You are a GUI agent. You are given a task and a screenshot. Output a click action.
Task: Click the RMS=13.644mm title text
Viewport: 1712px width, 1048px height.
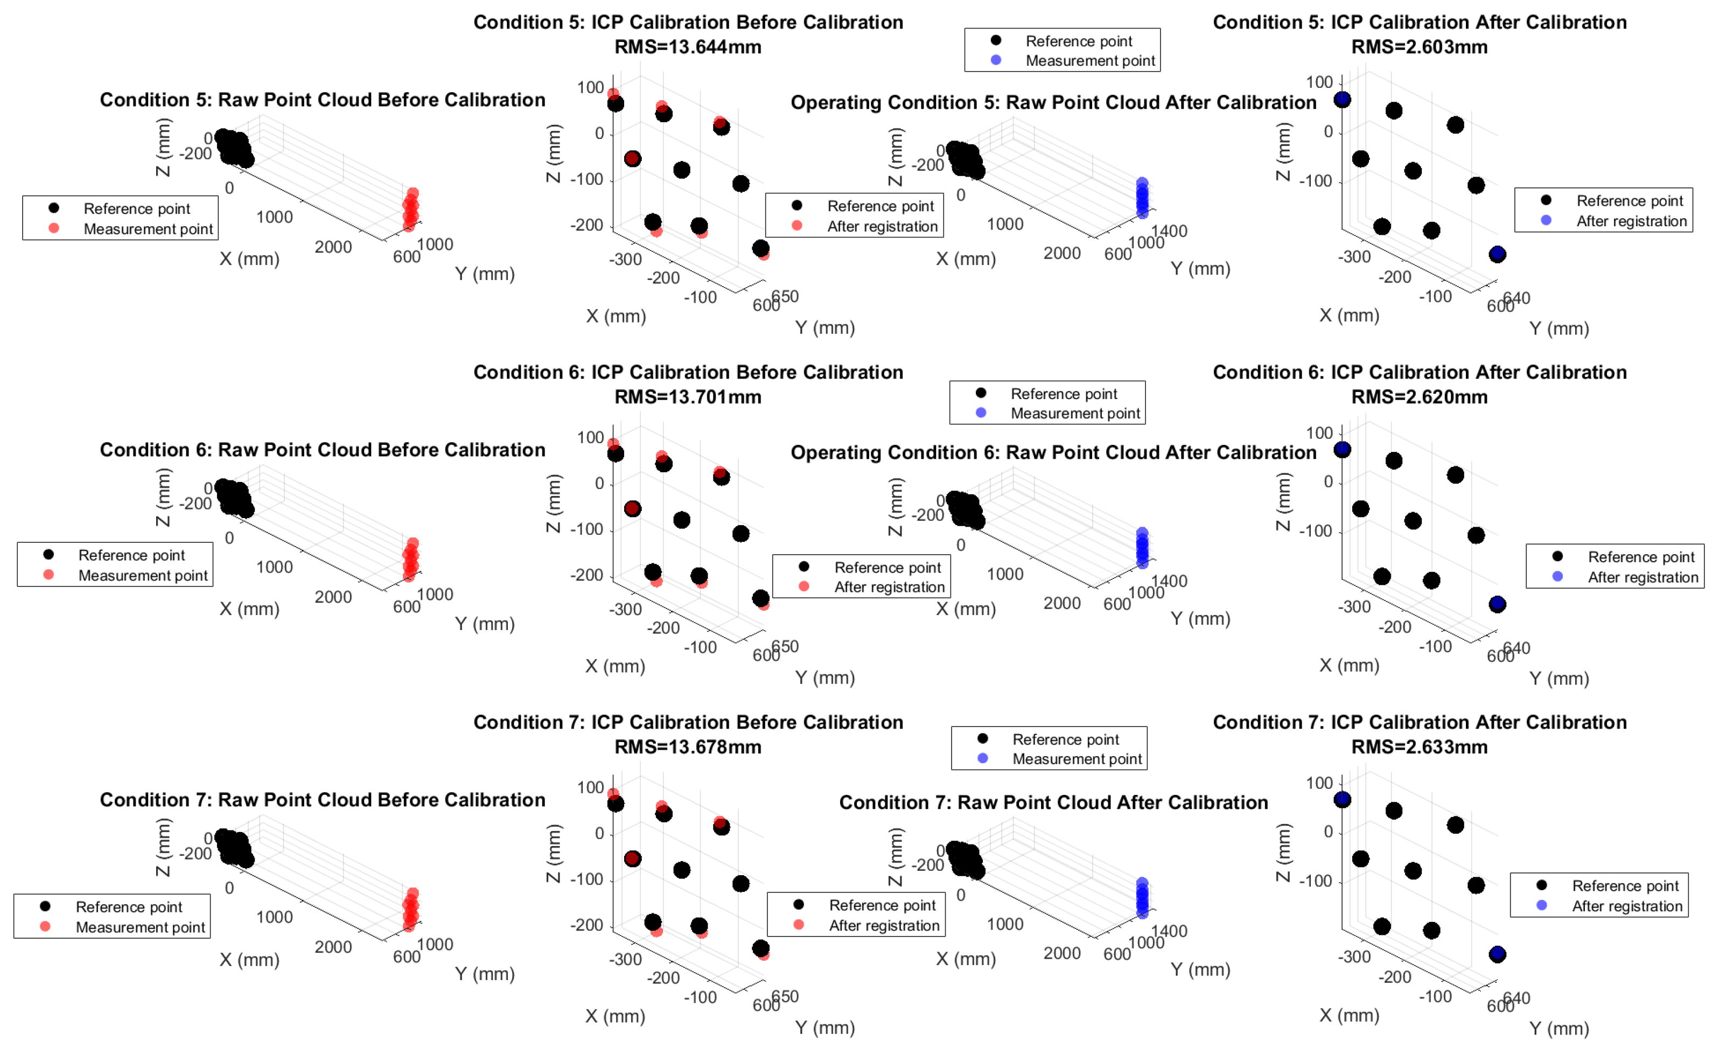click(687, 47)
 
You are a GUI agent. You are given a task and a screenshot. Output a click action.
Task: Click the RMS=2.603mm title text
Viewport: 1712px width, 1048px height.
click(1419, 47)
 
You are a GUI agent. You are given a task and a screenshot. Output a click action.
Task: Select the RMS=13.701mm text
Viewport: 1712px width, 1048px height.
click(687, 397)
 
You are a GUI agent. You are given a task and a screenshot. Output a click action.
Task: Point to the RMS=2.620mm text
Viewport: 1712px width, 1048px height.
click(1419, 397)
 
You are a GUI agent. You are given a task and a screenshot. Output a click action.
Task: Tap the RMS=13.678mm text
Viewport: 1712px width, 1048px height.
click(687, 747)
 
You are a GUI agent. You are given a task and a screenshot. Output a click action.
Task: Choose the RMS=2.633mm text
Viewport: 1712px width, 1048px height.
click(1419, 747)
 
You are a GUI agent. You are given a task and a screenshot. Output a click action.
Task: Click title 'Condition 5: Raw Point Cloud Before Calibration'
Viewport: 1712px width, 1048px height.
click(323, 100)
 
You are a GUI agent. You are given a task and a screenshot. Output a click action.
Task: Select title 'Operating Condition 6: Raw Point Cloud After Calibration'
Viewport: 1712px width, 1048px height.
click(1053, 453)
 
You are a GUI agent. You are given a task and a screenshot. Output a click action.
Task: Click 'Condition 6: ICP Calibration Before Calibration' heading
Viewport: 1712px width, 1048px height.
click(688, 373)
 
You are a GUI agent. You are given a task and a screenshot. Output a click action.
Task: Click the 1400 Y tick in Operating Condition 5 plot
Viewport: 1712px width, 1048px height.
click(1169, 232)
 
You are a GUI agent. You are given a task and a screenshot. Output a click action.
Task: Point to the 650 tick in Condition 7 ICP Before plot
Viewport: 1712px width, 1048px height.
click(785, 997)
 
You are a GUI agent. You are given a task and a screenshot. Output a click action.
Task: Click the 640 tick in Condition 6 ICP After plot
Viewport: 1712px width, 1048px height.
click(1517, 648)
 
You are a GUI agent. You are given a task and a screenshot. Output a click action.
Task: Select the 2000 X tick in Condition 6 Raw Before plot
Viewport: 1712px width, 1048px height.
click(333, 597)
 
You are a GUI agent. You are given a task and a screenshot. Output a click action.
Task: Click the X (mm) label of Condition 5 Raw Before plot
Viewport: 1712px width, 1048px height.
click(249, 259)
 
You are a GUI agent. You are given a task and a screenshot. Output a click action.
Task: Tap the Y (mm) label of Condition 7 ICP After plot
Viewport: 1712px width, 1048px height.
click(1559, 1029)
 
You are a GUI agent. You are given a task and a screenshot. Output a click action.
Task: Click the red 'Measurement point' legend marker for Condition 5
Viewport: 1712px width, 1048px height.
click(53, 229)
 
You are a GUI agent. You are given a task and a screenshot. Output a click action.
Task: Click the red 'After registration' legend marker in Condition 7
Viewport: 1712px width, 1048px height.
click(798, 925)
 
